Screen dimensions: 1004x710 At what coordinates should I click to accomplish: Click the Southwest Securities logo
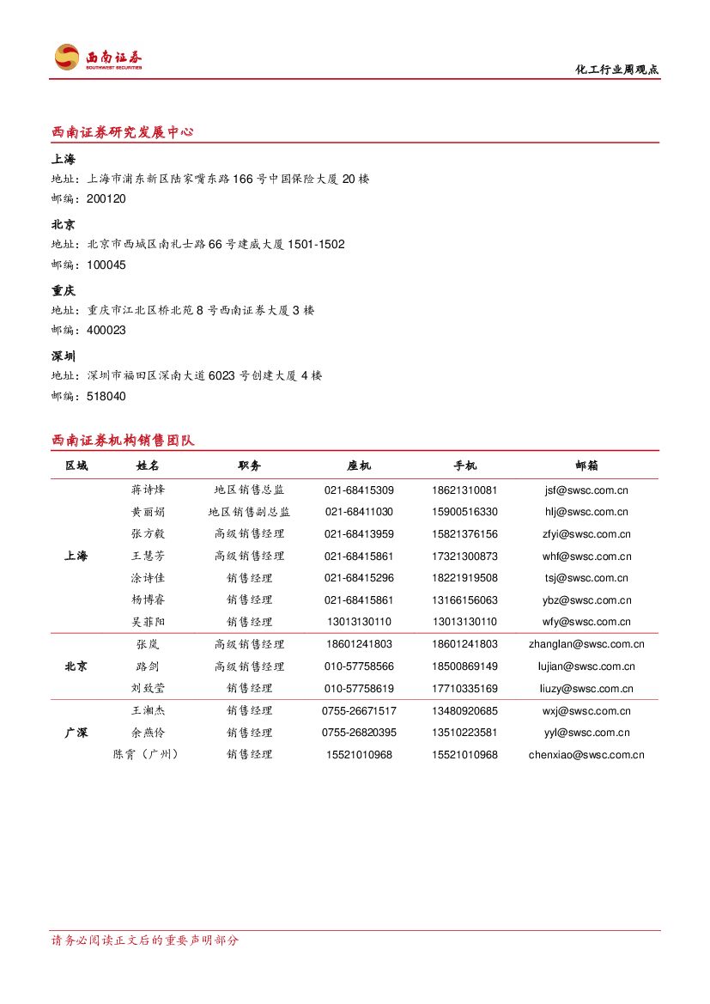pyautogui.click(x=98, y=58)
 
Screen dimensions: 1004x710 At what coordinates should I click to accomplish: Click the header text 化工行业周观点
pyautogui.click(x=616, y=70)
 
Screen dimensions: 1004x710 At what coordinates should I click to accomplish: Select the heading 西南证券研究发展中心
pyautogui.click(x=122, y=132)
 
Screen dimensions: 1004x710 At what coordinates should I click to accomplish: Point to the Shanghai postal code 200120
pyautogui.click(x=106, y=199)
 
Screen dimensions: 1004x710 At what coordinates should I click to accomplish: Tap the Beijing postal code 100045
pyautogui.click(x=106, y=265)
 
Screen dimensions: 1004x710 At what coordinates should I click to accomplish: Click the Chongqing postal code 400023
pyautogui.click(x=106, y=331)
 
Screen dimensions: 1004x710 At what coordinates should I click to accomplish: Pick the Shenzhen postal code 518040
pyautogui.click(x=106, y=396)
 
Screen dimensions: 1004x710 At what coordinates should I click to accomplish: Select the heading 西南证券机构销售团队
pyautogui.click(x=123, y=441)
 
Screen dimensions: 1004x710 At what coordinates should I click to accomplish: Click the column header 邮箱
pyautogui.click(x=586, y=465)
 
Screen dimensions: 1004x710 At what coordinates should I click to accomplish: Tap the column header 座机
pyautogui.click(x=359, y=465)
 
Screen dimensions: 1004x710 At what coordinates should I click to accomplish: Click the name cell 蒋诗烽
pyautogui.click(x=148, y=490)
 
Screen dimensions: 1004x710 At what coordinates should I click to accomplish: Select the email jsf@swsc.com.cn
pyautogui.click(x=586, y=490)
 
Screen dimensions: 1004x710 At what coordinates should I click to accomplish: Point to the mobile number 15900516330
pyautogui.click(x=464, y=512)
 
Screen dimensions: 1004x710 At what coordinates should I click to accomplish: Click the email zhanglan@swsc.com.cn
pyautogui.click(x=586, y=644)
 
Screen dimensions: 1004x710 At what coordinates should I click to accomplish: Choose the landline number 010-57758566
pyautogui.click(x=359, y=666)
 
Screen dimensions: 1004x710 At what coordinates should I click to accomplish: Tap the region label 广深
pyautogui.click(x=76, y=733)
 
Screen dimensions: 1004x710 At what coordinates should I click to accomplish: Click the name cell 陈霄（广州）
pyautogui.click(x=148, y=755)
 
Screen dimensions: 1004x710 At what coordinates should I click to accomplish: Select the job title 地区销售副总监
pyautogui.click(x=249, y=512)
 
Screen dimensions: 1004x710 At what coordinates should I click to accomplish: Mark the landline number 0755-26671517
pyautogui.click(x=359, y=711)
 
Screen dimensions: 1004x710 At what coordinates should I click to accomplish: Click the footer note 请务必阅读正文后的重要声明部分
pyautogui.click(x=145, y=940)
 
